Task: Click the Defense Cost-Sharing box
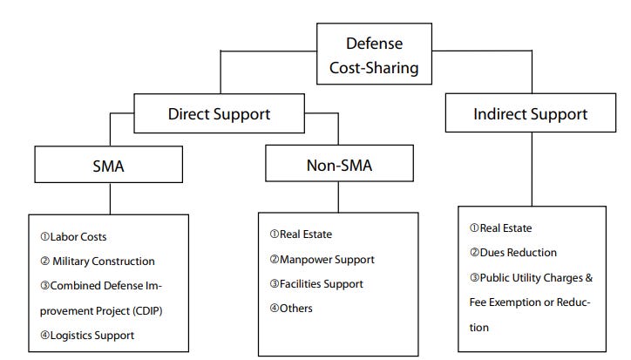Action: point(374,54)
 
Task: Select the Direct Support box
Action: point(219,113)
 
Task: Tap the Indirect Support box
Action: point(530,114)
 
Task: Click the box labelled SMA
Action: point(108,166)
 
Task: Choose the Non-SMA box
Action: point(339,166)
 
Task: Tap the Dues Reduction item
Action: point(513,253)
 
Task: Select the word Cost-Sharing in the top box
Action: point(374,65)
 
